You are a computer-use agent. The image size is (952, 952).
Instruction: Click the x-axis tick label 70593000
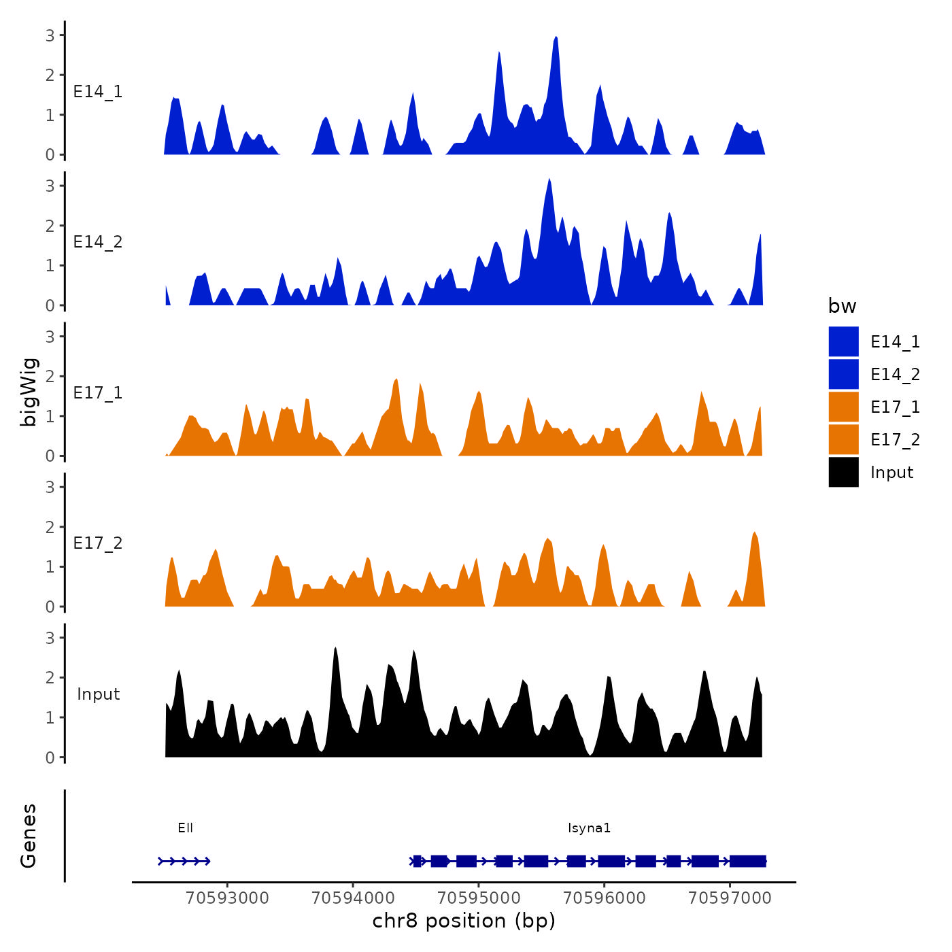[227, 898]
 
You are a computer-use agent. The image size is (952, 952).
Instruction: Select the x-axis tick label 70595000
[479, 898]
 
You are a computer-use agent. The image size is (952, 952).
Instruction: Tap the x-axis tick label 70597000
[730, 898]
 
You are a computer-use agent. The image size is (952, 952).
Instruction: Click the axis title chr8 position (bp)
[464, 921]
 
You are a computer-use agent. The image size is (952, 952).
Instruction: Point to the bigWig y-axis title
[29, 392]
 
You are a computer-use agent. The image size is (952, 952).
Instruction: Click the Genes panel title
[29, 836]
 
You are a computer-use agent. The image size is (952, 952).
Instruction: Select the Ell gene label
[185, 828]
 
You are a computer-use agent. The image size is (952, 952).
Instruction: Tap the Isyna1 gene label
[589, 828]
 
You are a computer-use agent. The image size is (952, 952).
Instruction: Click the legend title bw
[842, 306]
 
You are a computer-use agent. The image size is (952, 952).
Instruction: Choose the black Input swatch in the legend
[843, 472]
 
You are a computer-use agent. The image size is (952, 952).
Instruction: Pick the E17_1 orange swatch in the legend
[843, 407]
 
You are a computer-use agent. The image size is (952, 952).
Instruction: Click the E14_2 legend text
[895, 374]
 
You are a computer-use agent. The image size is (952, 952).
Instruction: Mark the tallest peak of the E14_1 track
[556, 37]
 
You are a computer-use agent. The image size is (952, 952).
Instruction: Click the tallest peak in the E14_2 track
[549, 180]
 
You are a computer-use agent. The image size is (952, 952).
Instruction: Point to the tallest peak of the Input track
[335, 648]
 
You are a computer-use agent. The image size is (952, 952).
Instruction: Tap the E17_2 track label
[98, 543]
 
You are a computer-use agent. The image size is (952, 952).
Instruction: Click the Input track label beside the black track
[98, 694]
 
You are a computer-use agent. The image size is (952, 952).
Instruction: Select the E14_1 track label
[98, 91]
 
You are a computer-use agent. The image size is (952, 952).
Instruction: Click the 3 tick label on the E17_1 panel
[50, 336]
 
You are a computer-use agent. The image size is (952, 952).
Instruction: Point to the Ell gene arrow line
[184, 861]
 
